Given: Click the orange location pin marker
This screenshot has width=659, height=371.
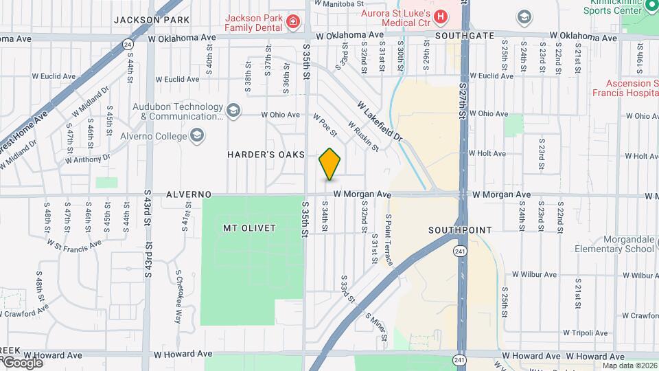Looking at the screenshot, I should [x=329, y=164].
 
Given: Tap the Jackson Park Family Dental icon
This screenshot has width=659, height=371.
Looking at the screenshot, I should [x=293, y=22].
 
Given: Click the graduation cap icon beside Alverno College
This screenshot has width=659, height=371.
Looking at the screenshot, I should [x=198, y=135].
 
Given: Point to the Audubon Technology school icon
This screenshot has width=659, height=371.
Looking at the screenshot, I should [x=233, y=111].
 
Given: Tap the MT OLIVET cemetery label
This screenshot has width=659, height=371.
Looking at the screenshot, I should [x=249, y=227].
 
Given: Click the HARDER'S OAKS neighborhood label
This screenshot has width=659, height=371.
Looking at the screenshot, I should [x=266, y=155].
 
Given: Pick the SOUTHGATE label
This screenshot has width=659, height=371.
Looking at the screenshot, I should [x=464, y=34].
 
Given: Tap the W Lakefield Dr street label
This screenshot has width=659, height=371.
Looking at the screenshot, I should [x=378, y=121].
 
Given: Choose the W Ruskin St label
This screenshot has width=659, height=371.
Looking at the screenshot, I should [x=362, y=136].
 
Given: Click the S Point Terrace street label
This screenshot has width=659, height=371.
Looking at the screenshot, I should [x=389, y=240].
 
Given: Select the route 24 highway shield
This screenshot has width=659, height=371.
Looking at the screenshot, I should [x=128, y=45].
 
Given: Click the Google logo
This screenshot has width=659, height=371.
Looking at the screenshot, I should [x=22, y=362].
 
